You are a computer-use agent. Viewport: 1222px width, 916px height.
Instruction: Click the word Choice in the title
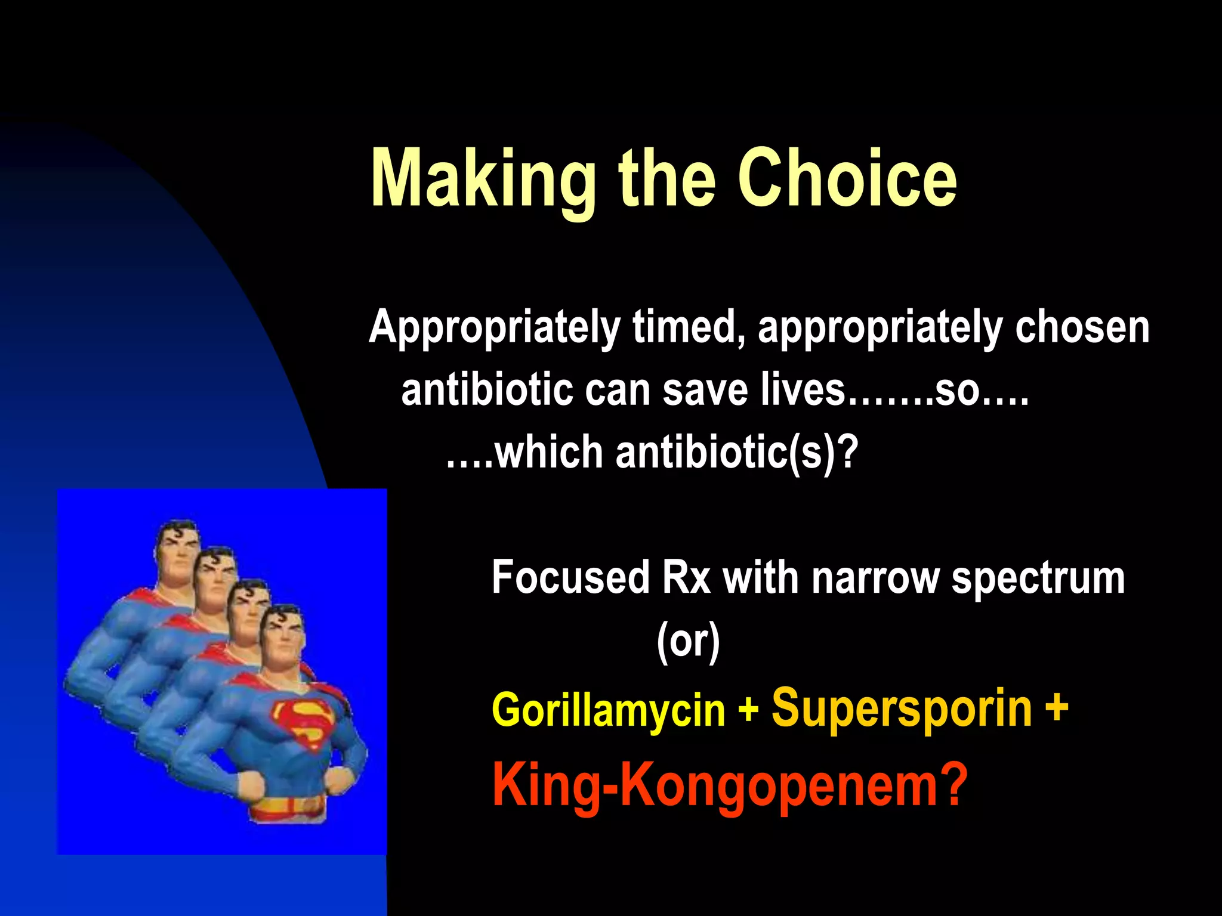click(x=847, y=178)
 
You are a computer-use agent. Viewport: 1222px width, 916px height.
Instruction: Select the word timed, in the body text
click(x=686, y=327)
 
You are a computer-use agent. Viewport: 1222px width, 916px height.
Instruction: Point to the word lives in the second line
click(x=803, y=391)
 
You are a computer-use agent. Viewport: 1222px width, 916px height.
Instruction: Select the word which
click(x=550, y=453)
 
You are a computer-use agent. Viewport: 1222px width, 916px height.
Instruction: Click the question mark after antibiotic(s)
click(x=848, y=453)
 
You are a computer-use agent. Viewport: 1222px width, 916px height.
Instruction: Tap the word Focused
click(x=570, y=577)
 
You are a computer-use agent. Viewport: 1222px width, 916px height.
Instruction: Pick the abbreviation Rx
click(x=686, y=577)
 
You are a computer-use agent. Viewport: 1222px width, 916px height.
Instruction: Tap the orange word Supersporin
click(x=902, y=708)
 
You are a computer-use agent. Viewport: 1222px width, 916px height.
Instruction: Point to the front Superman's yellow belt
click(x=286, y=808)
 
